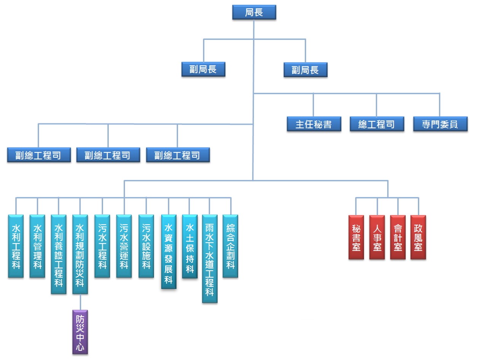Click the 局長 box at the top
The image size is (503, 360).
[x=254, y=12]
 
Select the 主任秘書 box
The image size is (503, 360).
[x=314, y=124]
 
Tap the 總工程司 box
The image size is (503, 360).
[x=377, y=124]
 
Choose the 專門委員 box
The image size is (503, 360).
[x=440, y=124]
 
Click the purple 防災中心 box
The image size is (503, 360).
[x=80, y=332]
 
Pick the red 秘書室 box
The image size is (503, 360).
[x=356, y=237]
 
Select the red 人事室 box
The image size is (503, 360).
[x=377, y=237]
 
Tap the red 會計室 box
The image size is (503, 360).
[x=398, y=237]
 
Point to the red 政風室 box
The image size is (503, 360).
[x=418, y=237]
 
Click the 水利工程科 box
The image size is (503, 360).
[x=16, y=246]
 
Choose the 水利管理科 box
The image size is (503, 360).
[x=37, y=246]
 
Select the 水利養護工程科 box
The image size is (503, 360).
[x=59, y=254]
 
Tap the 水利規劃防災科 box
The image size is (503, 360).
[x=80, y=254]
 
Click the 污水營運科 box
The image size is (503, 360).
[x=124, y=246]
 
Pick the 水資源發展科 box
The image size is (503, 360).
[x=169, y=252]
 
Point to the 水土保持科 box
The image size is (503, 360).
[x=190, y=246]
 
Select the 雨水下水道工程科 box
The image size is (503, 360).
[x=210, y=259]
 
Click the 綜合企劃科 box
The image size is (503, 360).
[x=231, y=246]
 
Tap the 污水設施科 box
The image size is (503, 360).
[x=146, y=246]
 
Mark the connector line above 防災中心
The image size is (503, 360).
[x=80, y=302]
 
